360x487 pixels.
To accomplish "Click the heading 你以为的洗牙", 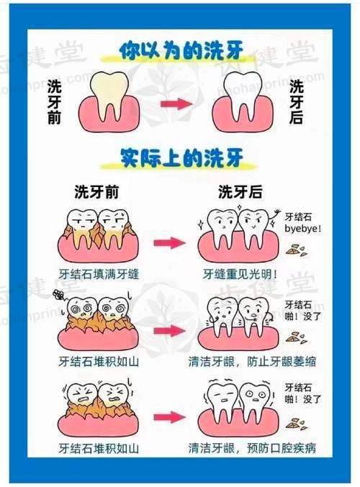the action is point(181,51).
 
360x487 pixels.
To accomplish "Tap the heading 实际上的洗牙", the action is point(181,158).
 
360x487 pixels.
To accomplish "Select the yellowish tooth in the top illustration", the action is point(109,96).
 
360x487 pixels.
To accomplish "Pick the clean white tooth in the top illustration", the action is point(242,96).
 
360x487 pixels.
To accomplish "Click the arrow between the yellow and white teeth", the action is point(176,104).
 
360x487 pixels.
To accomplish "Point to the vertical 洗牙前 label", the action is point(54,102).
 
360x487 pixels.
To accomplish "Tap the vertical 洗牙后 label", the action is point(296,102).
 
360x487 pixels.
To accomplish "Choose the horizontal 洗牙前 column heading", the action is point(96,192).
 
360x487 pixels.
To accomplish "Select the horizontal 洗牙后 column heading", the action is point(240,192).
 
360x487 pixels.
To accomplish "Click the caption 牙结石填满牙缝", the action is point(99,274).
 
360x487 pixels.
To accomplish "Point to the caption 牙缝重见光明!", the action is point(240,274).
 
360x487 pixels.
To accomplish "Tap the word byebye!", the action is point(303,229).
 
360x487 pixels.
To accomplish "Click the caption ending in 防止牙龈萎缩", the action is point(252,362).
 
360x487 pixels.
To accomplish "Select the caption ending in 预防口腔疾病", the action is point(252,448).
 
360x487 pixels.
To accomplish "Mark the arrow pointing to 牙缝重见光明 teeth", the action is point(169,243).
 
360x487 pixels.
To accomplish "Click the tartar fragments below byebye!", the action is point(297,250).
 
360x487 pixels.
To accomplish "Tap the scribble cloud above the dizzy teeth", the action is point(58,294).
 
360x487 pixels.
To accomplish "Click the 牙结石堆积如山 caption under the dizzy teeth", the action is point(99,362).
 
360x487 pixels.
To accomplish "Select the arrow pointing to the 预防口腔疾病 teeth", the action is point(169,417).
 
